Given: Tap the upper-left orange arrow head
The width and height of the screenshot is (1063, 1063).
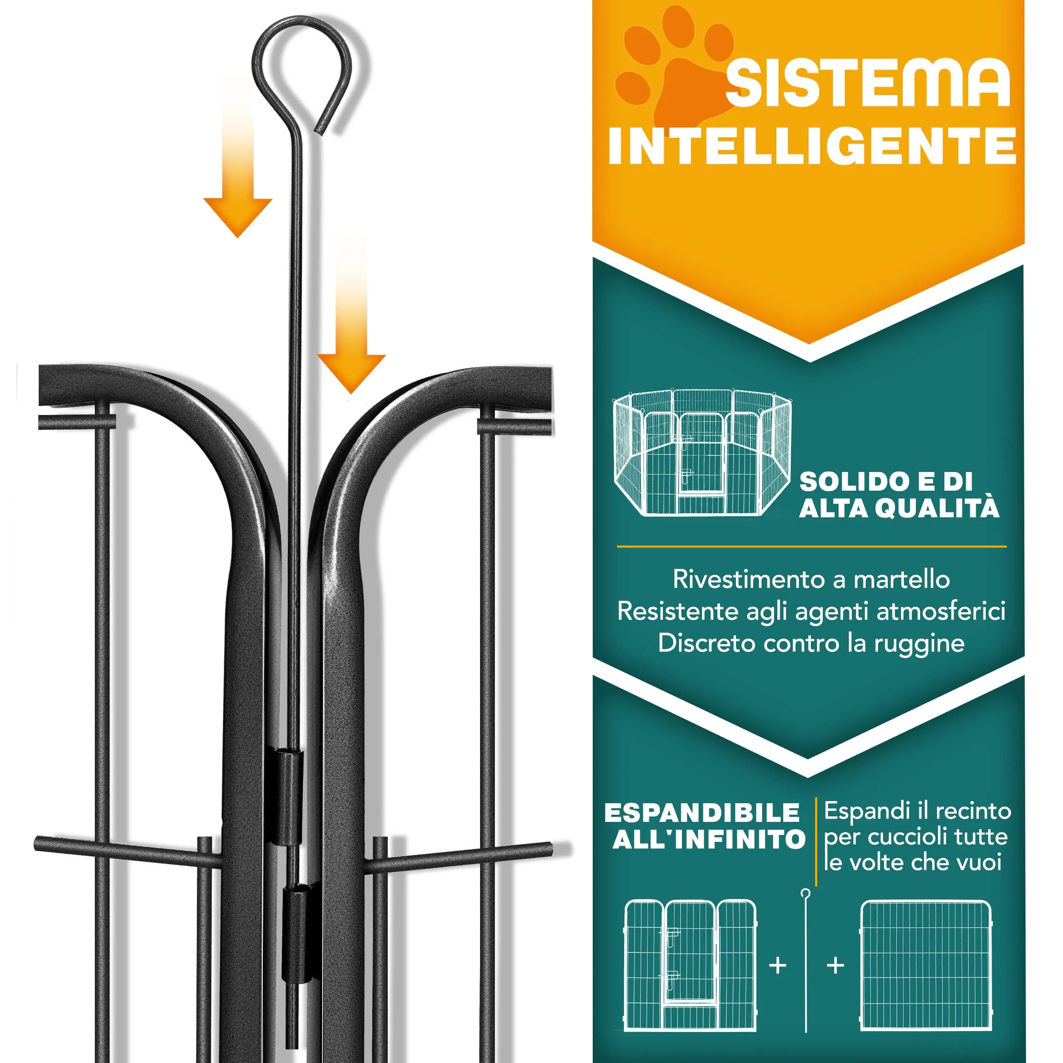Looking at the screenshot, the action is tap(238, 216).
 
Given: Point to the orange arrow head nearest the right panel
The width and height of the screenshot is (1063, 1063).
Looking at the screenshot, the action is tap(351, 373).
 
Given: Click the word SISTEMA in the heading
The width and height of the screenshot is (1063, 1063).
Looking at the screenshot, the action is tap(868, 82).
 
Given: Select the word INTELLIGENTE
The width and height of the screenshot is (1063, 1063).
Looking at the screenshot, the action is tap(812, 145).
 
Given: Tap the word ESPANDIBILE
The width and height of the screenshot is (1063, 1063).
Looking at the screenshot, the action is tap(702, 813).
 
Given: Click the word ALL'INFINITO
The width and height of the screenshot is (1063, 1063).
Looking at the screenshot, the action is tap(709, 840).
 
